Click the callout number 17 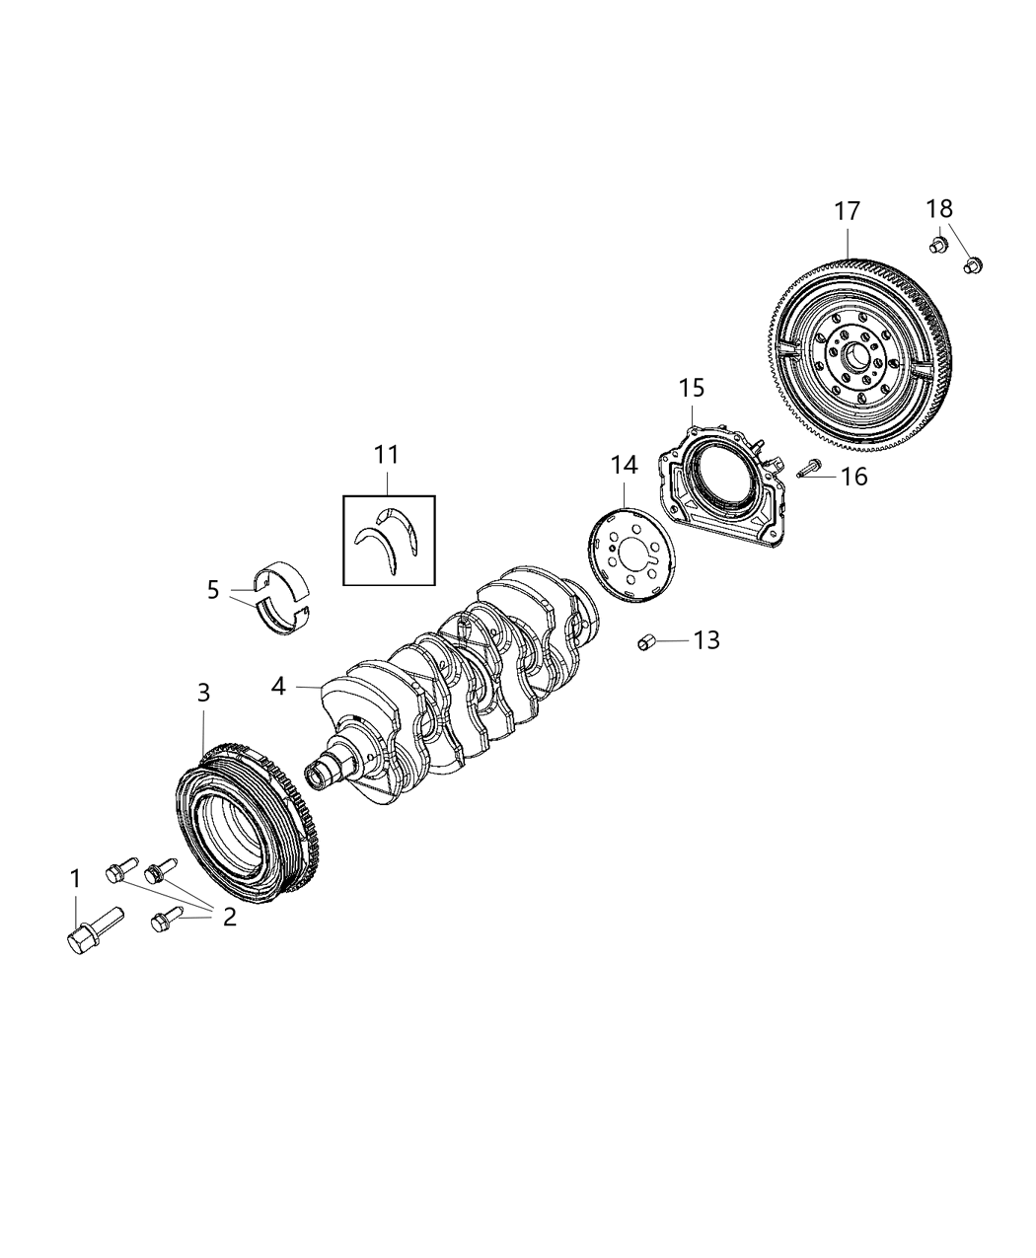click(847, 212)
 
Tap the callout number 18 click(939, 209)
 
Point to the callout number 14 click(624, 465)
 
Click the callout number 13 click(706, 640)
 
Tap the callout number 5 click(213, 590)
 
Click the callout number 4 click(279, 686)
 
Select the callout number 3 click(203, 693)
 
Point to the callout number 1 click(75, 877)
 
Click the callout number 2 click(229, 917)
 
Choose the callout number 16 click(852, 478)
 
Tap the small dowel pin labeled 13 click(645, 643)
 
